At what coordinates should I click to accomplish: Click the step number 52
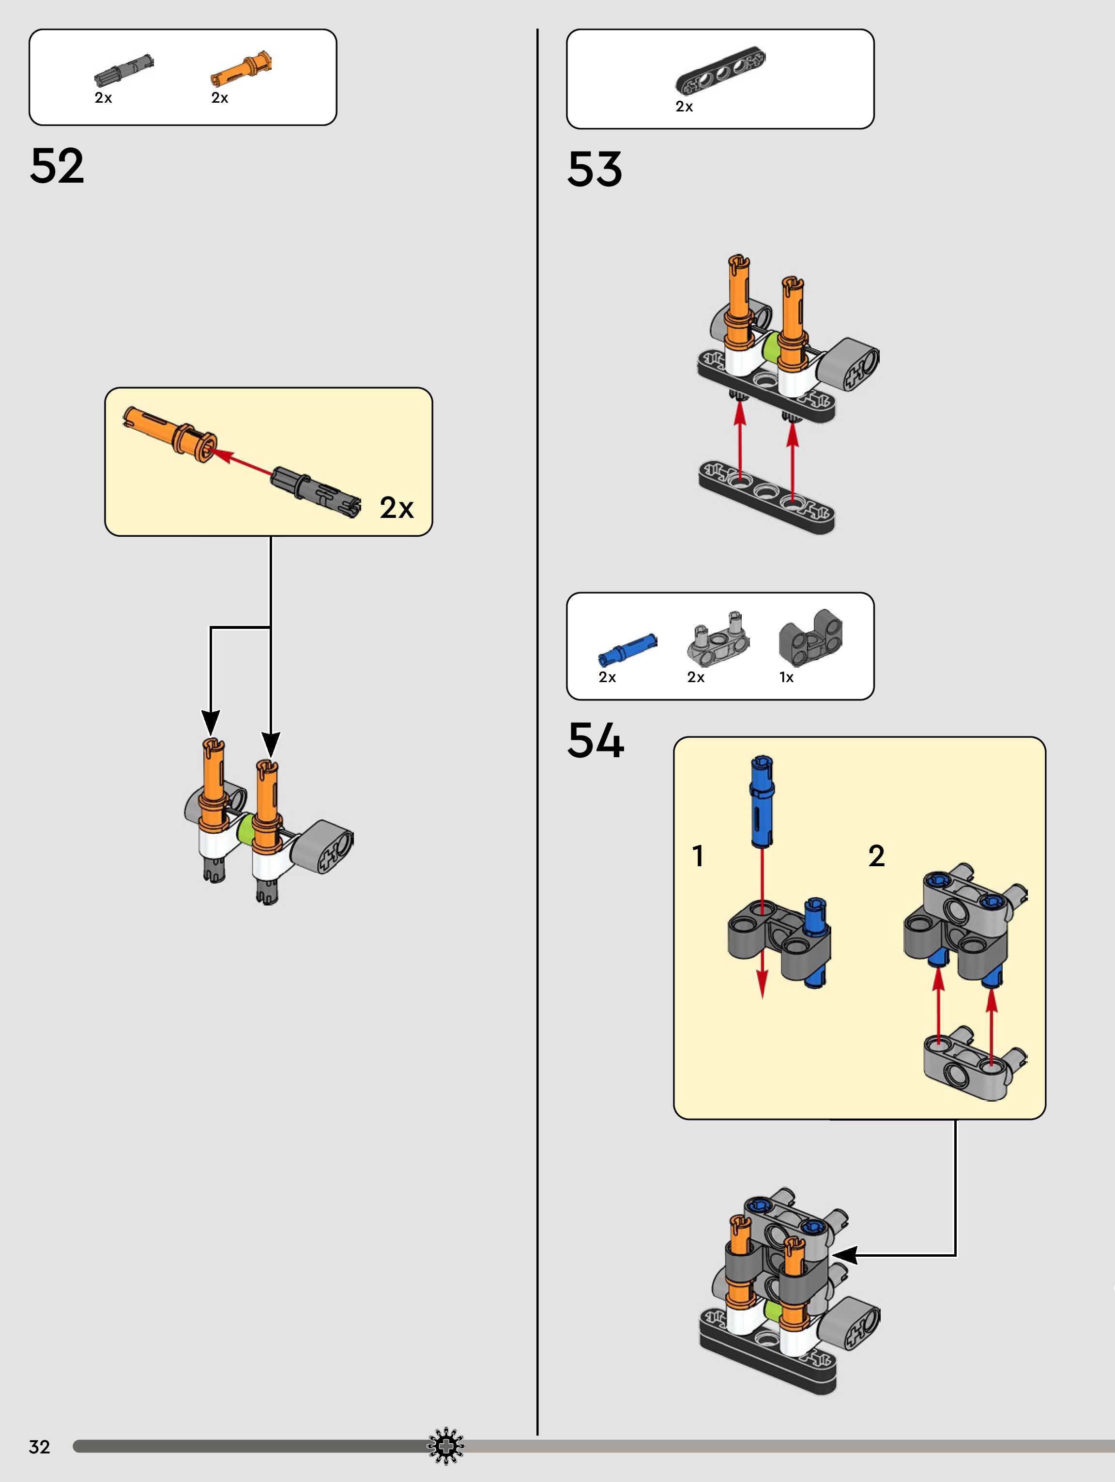(x=57, y=166)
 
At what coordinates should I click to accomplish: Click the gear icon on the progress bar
(x=446, y=1447)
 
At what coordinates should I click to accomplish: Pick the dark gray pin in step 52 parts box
(x=124, y=70)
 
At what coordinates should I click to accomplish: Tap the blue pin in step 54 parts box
(x=627, y=648)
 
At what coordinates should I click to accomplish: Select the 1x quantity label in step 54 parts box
(x=786, y=677)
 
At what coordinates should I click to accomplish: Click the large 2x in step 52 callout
(x=397, y=508)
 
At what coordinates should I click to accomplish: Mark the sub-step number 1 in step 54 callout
(x=698, y=856)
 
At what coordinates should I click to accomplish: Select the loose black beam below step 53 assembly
(x=766, y=497)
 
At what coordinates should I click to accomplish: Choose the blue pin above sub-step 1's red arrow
(x=762, y=801)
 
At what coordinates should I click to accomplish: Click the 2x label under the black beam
(x=684, y=107)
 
